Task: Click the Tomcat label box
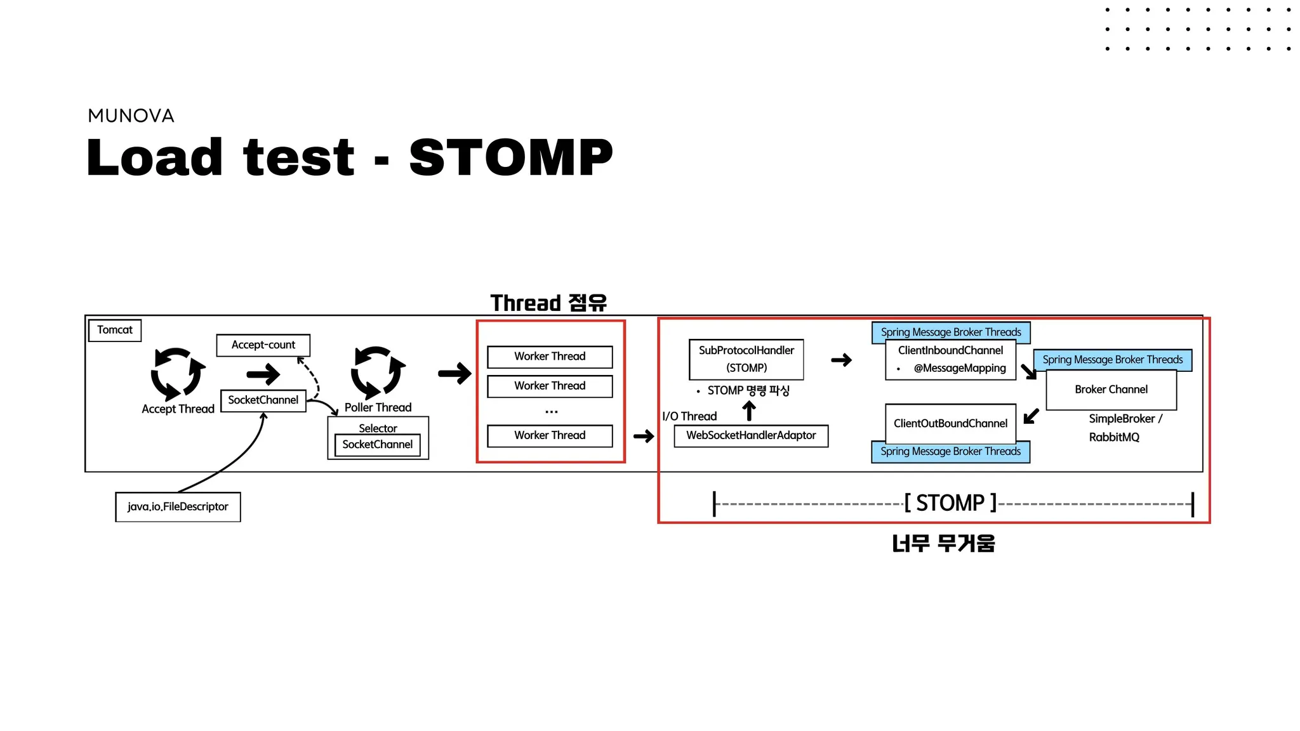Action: [x=115, y=330]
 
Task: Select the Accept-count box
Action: [x=263, y=345]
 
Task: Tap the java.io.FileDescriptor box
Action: [x=178, y=507]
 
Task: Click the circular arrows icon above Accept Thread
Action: [x=178, y=373]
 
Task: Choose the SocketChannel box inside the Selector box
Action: [x=378, y=445]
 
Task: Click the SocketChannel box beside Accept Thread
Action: [x=263, y=400]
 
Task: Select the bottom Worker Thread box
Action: [x=550, y=436]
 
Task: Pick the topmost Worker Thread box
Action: [x=550, y=357]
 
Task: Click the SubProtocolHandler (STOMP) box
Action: [x=746, y=359]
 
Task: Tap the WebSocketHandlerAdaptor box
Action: [x=751, y=436]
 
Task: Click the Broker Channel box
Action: [x=1111, y=390]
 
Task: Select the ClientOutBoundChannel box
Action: [x=951, y=423]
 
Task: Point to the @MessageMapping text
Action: [x=960, y=369]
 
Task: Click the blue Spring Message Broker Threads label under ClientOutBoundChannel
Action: [x=951, y=452]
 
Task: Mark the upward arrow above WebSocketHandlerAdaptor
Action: [x=749, y=411]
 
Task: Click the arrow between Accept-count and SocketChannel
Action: [x=263, y=374]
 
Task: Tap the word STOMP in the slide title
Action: [x=511, y=157]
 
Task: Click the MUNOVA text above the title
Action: [x=131, y=115]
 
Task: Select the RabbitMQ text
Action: [x=1114, y=437]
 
